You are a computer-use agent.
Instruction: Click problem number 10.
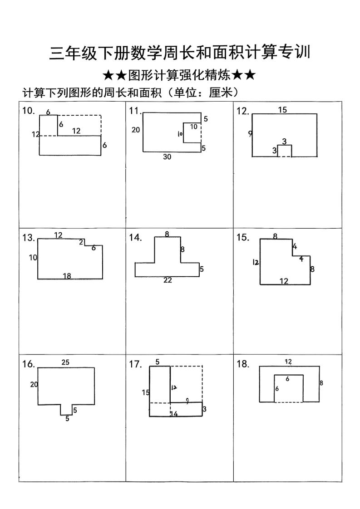(x=28, y=111)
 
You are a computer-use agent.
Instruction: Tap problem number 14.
(x=135, y=238)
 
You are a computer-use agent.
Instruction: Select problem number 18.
(x=243, y=364)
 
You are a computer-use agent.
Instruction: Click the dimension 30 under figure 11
(x=167, y=157)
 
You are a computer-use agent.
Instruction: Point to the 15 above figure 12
(x=282, y=110)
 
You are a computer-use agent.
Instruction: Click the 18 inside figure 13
(x=67, y=276)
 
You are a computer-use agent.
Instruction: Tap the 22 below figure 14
(x=168, y=280)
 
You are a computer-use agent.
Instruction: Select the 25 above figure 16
(x=65, y=362)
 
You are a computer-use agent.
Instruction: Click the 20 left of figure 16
(x=34, y=385)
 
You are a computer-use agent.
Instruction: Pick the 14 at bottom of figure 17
(x=174, y=414)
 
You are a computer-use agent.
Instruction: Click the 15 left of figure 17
(x=145, y=392)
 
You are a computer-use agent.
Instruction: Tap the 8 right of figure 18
(x=321, y=383)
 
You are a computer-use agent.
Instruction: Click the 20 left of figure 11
(x=136, y=130)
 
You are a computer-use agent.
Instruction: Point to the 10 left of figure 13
(x=33, y=258)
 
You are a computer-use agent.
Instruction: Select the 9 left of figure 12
(x=250, y=133)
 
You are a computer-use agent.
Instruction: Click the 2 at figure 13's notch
(x=81, y=242)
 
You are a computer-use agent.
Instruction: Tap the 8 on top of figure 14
(x=167, y=234)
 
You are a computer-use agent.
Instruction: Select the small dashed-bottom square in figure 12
(x=284, y=151)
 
